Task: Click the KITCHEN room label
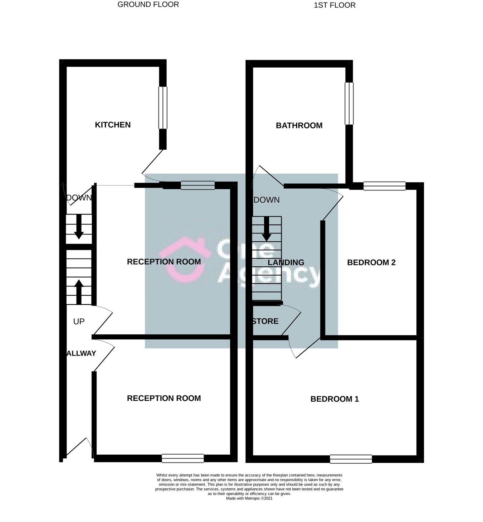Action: (x=113, y=125)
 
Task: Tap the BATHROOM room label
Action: (x=299, y=126)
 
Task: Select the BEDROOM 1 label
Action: (x=335, y=399)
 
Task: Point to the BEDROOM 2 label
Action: (x=371, y=263)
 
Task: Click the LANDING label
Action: (x=286, y=263)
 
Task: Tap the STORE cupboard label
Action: (x=265, y=322)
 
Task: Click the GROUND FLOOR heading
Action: (x=148, y=5)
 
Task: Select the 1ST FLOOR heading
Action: (x=335, y=5)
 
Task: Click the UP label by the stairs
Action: (x=79, y=322)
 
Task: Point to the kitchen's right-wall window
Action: (x=163, y=107)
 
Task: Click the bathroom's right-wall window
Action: (x=349, y=103)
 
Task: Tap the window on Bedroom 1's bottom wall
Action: (x=351, y=459)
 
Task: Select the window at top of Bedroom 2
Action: (x=384, y=186)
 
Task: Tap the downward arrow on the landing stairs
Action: (x=267, y=229)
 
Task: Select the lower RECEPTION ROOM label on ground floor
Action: (x=164, y=398)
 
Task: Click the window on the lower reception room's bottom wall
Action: (x=182, y=458)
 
